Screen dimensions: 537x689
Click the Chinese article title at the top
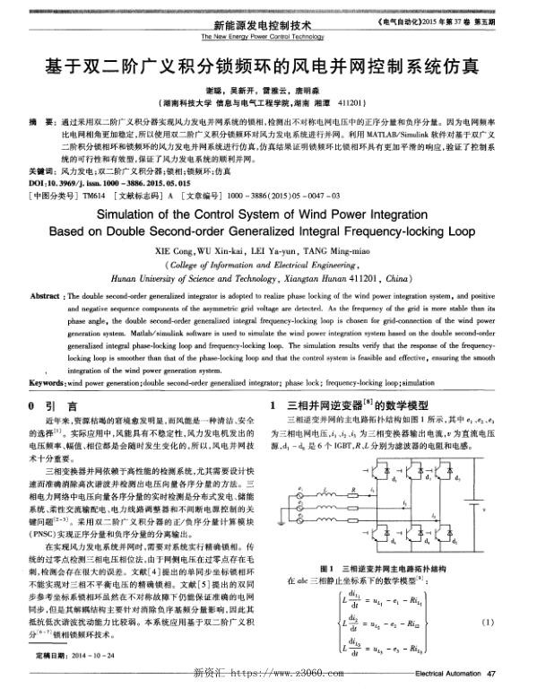[268, 66]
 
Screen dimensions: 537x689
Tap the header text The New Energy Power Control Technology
[268, 37]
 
